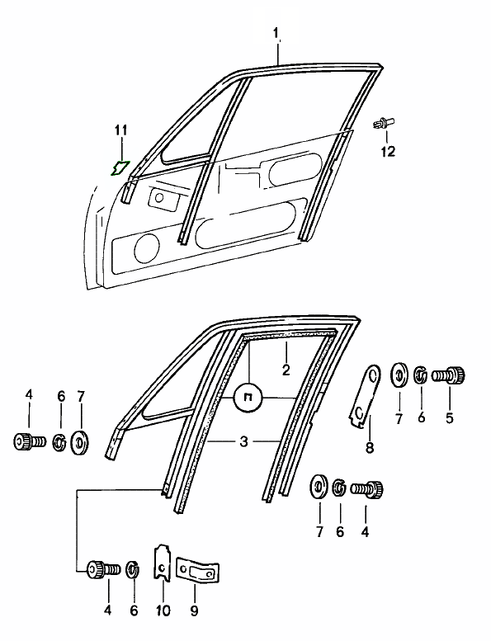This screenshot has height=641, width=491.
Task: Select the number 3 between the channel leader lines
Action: coord(243,442)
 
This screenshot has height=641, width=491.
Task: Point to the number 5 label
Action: coord(450,417)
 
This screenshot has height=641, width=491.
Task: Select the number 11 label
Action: coord(121,130)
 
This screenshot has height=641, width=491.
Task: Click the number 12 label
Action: coord(388,151)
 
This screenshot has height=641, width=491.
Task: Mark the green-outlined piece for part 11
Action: coord(120,168)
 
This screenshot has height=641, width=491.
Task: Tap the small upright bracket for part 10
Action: coord(163,563)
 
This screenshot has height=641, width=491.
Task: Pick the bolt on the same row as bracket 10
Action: coord(104,568)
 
